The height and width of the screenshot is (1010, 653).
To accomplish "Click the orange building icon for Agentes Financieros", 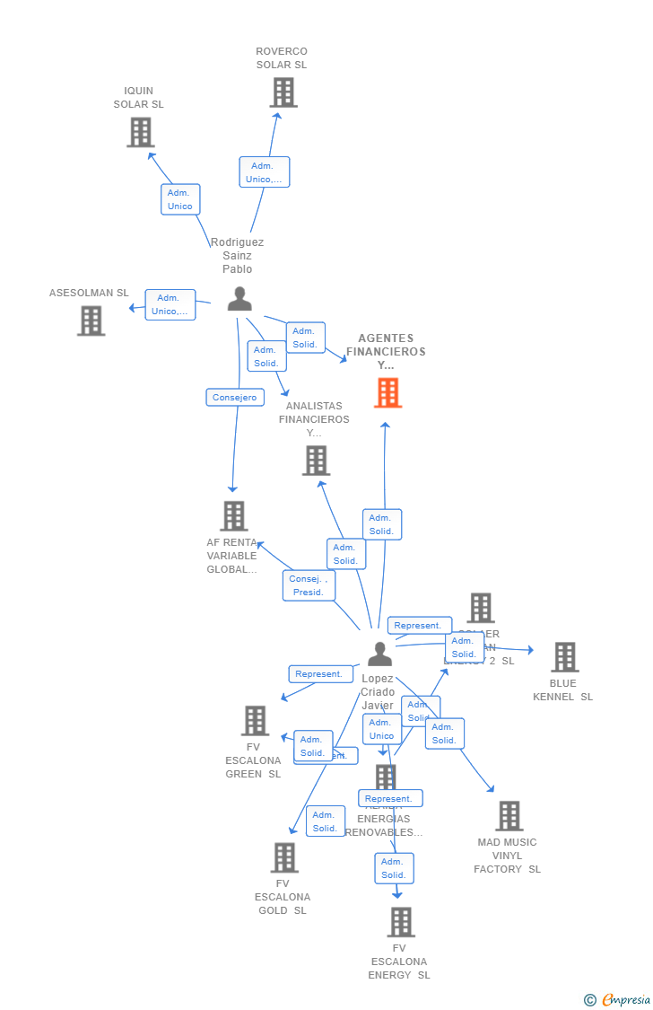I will pos(387,393).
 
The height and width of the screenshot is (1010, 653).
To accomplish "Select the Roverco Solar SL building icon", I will pos(283,92).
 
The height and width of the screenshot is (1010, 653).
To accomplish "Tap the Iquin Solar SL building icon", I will pos(140,133).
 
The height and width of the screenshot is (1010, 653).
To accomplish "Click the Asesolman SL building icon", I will pos(91,321).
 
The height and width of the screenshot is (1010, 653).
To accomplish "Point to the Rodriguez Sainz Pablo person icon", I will pos(239,299).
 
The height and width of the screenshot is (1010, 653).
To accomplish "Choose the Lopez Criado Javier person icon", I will pos(379,654).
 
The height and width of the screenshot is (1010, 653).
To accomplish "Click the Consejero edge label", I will pos(234,397).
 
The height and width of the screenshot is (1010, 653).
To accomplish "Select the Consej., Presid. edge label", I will pos(309,585).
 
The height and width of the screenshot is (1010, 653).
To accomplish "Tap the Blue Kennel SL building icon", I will pos(564,657).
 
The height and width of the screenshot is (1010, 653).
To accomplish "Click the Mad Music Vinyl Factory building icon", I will pos(509,816).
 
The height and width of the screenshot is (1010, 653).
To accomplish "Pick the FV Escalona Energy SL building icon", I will pos(401,922).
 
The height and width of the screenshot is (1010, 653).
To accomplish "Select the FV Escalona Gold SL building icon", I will pos(284,857).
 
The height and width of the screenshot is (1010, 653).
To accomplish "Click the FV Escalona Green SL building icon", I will pos(255,720).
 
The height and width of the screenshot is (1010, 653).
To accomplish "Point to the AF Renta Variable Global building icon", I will pos(234,516).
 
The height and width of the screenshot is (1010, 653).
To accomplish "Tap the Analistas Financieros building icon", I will pos(316,461).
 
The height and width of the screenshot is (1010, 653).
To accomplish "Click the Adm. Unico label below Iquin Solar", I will pos(180,199).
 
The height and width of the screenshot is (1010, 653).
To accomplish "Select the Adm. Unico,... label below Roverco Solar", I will pos(264,172).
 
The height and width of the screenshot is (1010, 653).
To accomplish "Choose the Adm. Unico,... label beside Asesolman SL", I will pos(170,304).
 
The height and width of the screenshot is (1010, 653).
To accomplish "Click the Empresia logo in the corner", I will pos(618,999).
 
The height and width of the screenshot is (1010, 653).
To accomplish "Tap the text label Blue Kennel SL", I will pos(563,689).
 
